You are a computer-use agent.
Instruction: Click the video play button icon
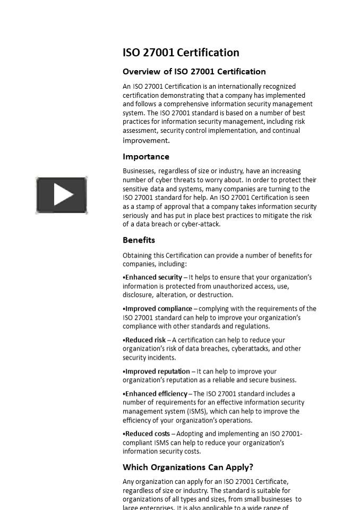pyautogui.click(x=62, y=195)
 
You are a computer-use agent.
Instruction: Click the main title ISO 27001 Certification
pyautogui.click(x=181, y=53)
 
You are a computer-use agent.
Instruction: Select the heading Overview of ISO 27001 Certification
pyautogui.click(x=194, y=72)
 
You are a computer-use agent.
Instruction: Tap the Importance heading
pyautogui.click(x=146, y=157)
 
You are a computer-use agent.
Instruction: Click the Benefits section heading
pyautogui.click(x=139, y=240)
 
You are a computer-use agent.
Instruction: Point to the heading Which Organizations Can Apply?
pyautogui.click(x=188, y=467)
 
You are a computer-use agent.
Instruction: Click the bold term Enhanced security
pyautogui.click(x=154, y=277)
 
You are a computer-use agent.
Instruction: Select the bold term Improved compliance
pyautogui.click(x=159, y=309)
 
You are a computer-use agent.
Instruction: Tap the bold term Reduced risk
pyautogui.click(x=145, y=340)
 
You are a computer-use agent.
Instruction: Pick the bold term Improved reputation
pyautogui.click(x=158, y=371)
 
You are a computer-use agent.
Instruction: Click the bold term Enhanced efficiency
pyautogui.click(x=157, y=394)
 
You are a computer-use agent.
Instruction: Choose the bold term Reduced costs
pyautogui.click(x=148, y=433)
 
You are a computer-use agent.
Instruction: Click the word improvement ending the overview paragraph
pyautogui.click(x=145, y=141)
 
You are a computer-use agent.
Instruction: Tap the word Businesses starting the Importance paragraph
pyautogui.click(x=139, y=171)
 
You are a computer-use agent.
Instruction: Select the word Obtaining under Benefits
pyautogui.click(x=138, y=256)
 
